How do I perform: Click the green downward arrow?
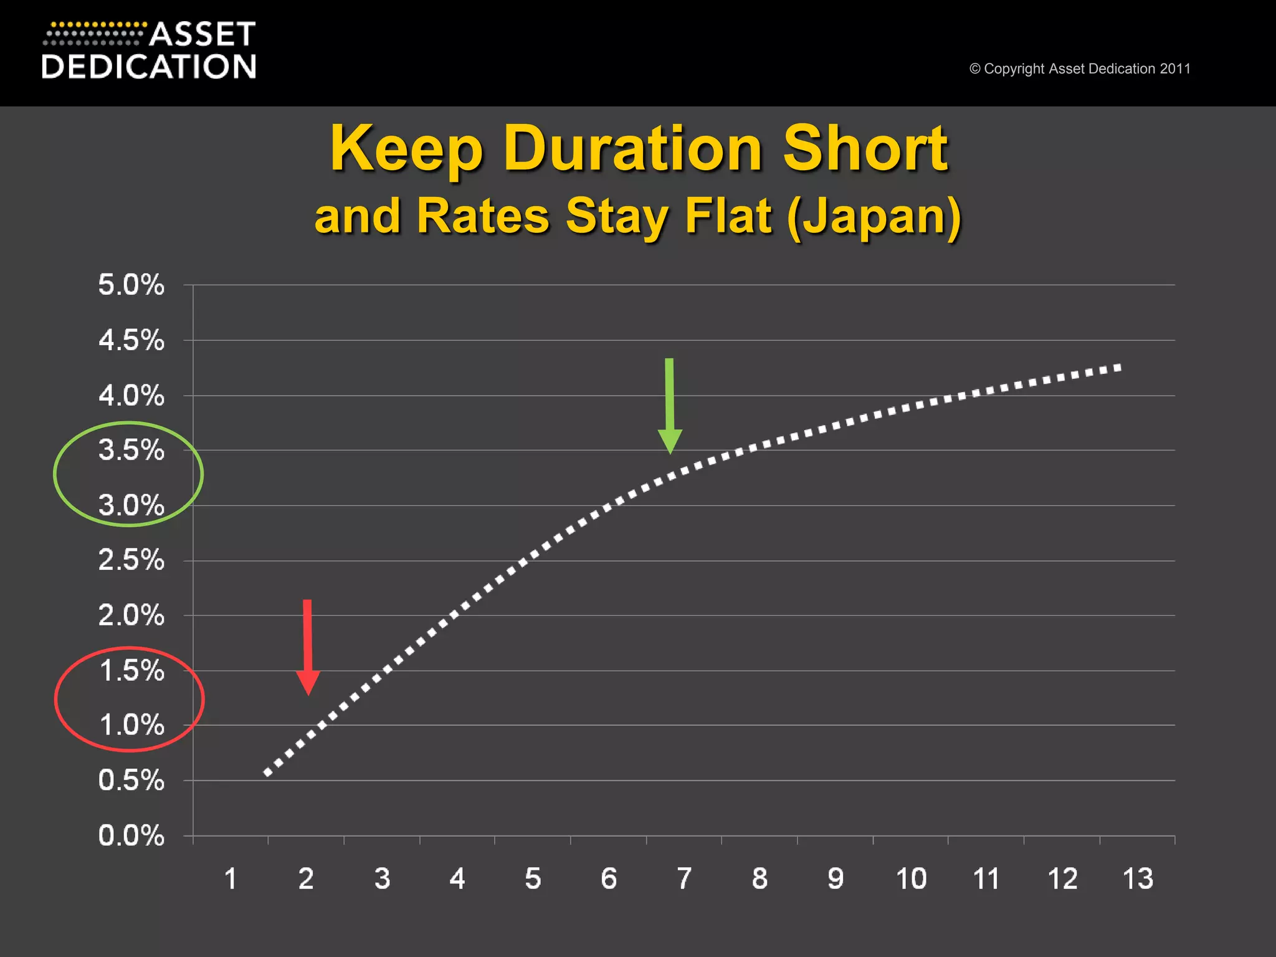[670, 405]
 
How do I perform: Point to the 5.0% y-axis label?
[131, 285]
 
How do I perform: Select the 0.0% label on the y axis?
[131, 836]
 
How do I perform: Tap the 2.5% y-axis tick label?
[131, 560]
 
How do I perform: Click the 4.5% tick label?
[131, 341]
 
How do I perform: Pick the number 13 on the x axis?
[1138, 879]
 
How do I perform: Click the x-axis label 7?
[684, 879]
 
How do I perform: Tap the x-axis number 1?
[231, 879]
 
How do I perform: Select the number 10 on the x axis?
[911, 879]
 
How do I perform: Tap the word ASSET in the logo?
[202, 35]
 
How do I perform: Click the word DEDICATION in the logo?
[149, 67]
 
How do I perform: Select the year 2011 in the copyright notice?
[1175, 69]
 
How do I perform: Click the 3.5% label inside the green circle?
[131, 450]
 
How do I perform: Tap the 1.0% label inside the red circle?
[131, 725]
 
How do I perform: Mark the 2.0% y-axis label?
[131, 616]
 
